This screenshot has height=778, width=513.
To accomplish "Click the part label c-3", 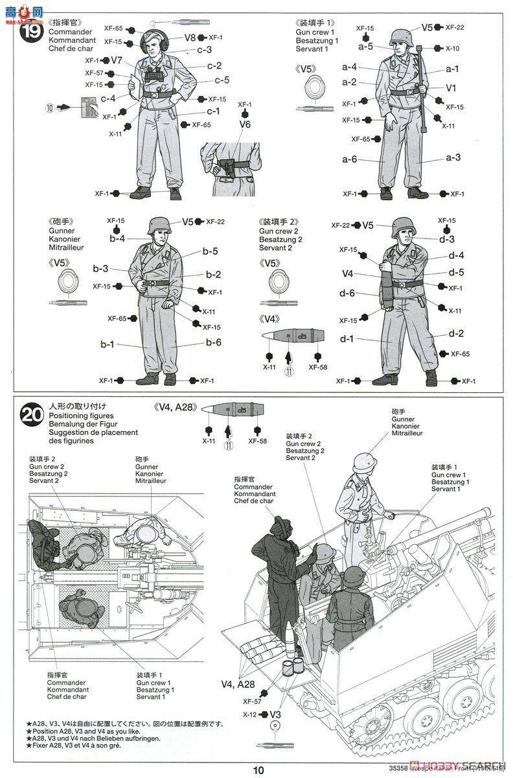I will [205, 50].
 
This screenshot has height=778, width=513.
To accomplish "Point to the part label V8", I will [190, 38].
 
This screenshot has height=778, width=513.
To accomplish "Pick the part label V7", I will [117, 60].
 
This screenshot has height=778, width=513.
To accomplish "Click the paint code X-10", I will [453, 49].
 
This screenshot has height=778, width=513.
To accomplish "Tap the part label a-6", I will [350, 159].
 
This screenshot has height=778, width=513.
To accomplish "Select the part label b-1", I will [108, 344].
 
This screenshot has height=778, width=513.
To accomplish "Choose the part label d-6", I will [347, 293].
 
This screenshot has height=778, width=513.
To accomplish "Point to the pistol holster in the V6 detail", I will [227, 167].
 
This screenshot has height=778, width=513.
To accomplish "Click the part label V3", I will [275, 714].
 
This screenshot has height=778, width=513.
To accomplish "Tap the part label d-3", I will [447, 239].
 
